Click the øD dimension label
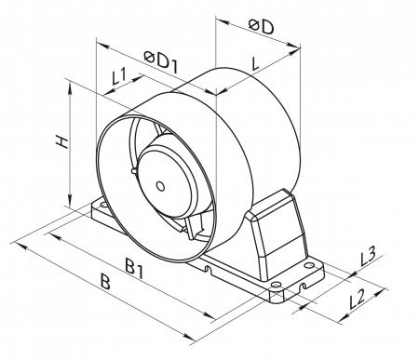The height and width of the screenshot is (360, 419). (262, 26)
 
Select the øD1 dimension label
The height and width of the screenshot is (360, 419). (161, 62)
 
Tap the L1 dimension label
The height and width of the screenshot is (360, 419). (119, 76)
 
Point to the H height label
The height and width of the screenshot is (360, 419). (62, 141)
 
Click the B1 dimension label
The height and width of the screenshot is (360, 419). (134, 269)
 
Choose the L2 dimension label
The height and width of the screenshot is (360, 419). (357, 300)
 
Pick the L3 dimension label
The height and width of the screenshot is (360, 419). (368, 256)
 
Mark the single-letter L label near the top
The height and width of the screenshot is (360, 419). (255, 64)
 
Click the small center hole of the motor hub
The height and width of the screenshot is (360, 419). (160, 186)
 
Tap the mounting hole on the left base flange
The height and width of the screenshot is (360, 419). (103, 205)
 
